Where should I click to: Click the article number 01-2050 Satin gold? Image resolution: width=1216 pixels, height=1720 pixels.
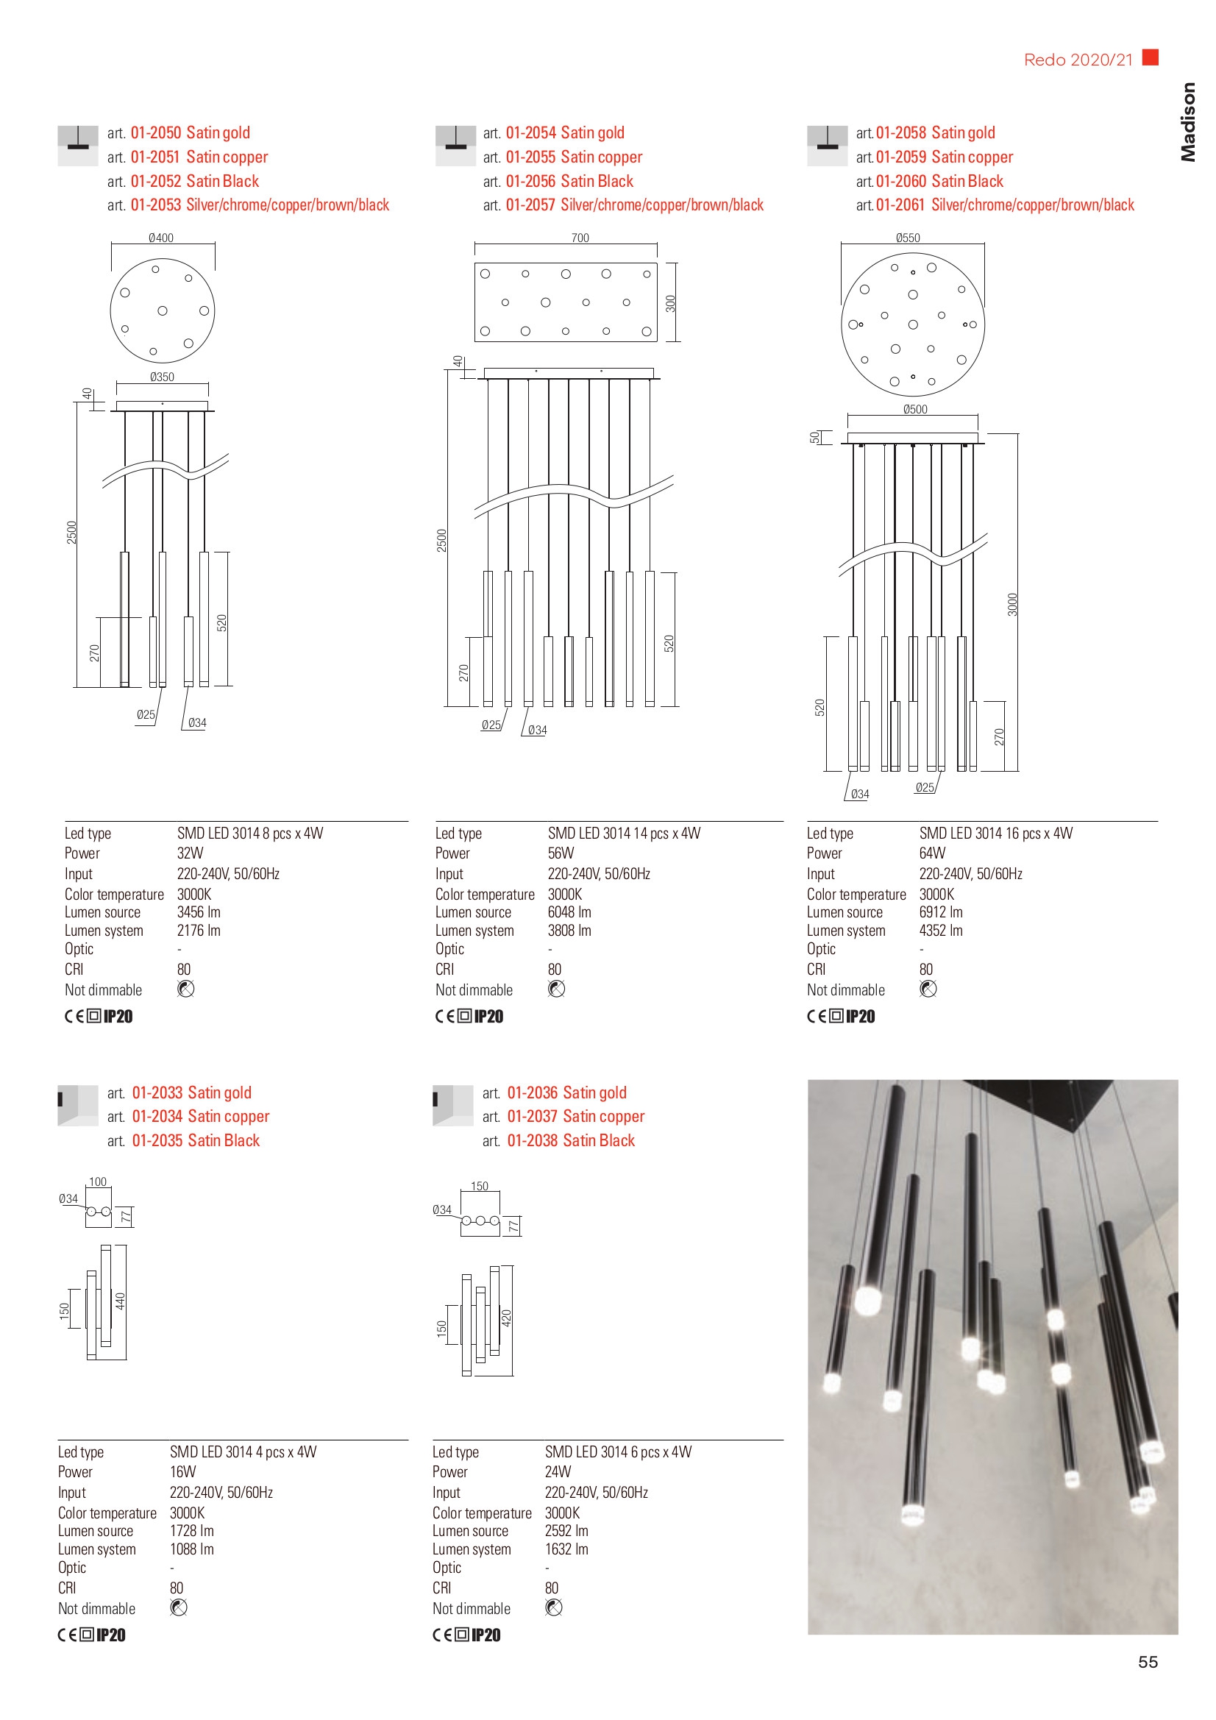190,132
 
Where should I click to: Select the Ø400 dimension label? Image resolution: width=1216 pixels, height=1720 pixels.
161,238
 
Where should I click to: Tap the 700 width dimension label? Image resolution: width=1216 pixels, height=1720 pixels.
580,238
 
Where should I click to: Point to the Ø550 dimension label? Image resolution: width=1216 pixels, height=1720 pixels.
907,238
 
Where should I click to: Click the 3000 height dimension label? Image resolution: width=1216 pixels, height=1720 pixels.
1012,605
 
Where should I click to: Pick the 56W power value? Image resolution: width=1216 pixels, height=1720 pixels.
561,853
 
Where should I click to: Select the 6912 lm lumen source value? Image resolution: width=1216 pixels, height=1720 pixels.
940,912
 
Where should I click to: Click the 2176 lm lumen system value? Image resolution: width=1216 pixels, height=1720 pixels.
199,931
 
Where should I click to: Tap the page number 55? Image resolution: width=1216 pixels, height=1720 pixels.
1147,1662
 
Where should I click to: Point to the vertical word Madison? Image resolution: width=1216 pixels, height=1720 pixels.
1187,122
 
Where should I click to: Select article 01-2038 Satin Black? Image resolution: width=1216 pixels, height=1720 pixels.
570,1141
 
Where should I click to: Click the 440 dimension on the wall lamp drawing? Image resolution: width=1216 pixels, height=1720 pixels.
120,1301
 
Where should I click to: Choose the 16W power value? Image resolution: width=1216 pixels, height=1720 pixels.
183,1472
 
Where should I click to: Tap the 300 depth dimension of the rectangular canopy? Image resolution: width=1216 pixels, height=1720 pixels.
671,303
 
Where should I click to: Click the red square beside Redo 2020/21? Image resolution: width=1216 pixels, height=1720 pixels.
1150,57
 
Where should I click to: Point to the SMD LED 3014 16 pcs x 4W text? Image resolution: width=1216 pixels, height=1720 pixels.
995,833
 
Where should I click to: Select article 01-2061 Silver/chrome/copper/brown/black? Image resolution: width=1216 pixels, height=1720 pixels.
1004,205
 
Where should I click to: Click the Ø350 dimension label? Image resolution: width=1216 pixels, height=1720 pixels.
162,377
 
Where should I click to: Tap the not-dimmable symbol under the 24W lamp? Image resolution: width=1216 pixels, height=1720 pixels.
554,1607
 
